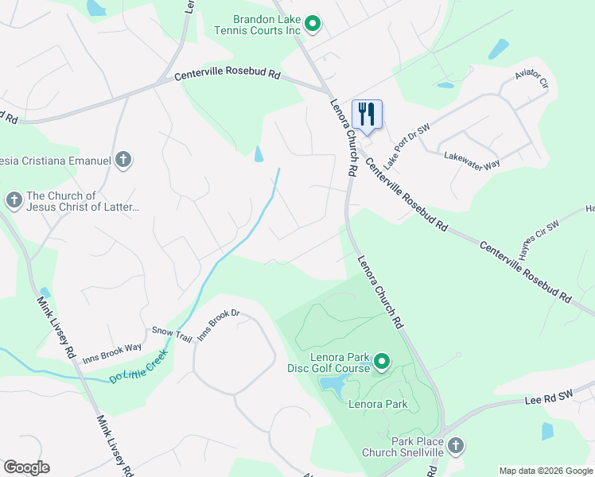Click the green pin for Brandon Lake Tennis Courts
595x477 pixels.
click(313, 25)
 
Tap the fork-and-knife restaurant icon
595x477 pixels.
click(366, 113)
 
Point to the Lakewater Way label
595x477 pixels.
click(472, 159)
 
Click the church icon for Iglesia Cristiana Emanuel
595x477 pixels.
click(122, 161)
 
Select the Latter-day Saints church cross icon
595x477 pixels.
click(14, 200)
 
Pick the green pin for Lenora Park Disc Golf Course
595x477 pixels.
click(382, 363)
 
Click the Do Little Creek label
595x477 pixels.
click(139, 366)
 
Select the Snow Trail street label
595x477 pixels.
click(172, 334)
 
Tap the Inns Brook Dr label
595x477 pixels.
click(218, 324)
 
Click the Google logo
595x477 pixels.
click(26, 467)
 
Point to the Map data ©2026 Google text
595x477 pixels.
click(546, 471)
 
